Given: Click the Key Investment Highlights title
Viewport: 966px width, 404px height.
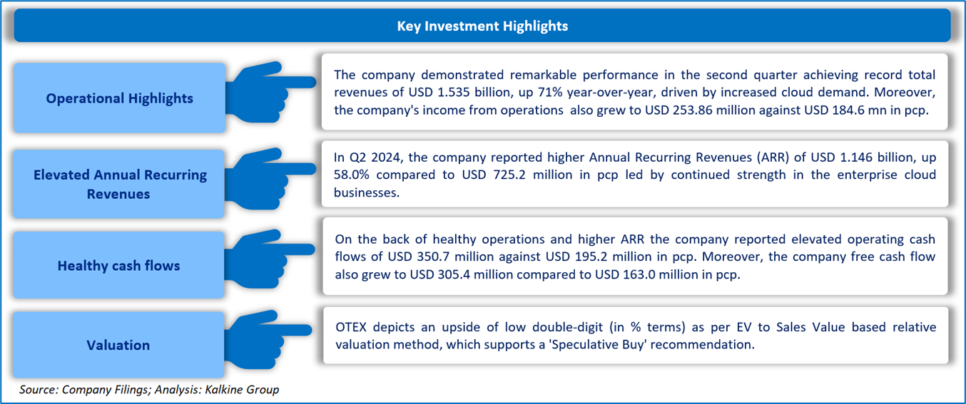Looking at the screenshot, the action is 482,26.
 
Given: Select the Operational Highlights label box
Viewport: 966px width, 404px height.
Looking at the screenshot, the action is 119,98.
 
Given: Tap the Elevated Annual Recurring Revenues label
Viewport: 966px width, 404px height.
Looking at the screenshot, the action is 119,184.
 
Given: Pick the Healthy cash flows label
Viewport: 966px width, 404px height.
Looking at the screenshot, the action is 118,265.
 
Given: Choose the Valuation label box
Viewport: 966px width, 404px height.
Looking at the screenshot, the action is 118,345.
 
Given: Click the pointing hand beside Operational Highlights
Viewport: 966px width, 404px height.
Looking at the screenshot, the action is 270,92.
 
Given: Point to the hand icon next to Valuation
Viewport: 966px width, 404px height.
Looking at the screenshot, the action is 268,339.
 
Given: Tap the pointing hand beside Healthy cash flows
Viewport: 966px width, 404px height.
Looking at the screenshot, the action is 270,259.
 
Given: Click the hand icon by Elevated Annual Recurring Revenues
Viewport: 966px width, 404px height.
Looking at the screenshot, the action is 270,179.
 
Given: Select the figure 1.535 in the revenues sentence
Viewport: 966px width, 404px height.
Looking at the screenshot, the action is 454,92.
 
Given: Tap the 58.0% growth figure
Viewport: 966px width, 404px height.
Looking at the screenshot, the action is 351,175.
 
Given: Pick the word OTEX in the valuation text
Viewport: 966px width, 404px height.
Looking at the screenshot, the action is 350,327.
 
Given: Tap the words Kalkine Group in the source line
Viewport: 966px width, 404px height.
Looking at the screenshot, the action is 241,389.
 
